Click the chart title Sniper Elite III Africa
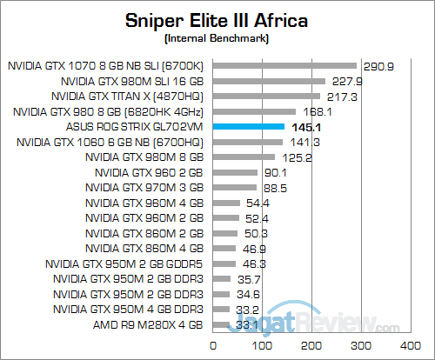(x=217, y=19)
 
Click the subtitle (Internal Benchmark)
(x=217, y=38)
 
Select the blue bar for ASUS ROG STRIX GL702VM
(x=249, y=127)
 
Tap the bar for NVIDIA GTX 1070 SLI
(x=284, y=65)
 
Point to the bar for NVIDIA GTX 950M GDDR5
(x=224, y=263)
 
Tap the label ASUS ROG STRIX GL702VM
(x=133, y=127)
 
